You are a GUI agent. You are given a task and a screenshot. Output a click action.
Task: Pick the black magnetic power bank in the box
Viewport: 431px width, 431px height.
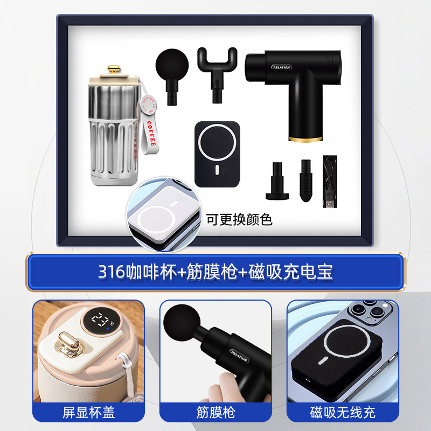pos(216,154)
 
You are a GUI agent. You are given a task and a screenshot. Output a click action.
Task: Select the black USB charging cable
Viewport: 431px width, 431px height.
pos(329,180)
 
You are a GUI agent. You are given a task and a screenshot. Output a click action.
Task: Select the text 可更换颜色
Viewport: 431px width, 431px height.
pos(240,219)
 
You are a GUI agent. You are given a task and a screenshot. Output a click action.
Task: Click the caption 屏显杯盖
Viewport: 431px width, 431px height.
pos(88,413)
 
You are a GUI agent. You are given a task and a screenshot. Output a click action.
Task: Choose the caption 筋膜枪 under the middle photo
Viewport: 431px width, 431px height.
pos(215,413)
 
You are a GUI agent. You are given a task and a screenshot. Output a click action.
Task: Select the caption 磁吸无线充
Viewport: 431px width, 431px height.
pos(343,413)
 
